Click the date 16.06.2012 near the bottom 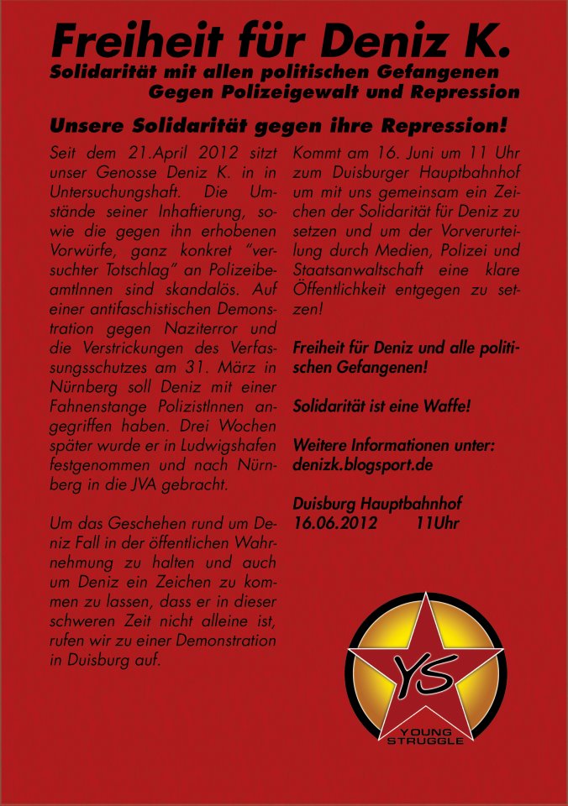point(332,522)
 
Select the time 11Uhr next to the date point(437,522)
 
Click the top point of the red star point(426,598)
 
